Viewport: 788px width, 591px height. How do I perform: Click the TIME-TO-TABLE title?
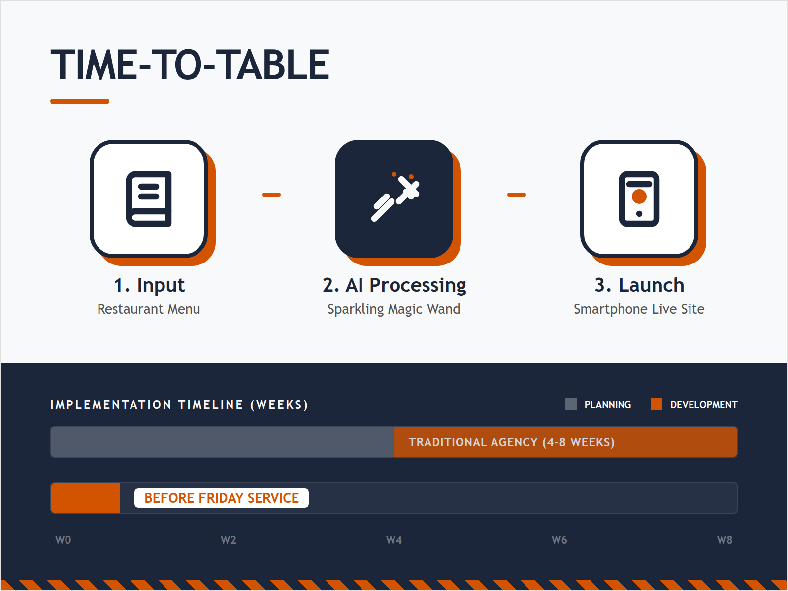pyautogui.click(x=190, y=65)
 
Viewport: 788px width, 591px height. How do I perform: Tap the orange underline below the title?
pyautogui.click(x=80, y=101)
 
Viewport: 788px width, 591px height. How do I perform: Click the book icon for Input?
pyautogui.click(x=149, y=199)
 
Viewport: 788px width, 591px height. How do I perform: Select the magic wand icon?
pyautogui.click(x=395, y=198)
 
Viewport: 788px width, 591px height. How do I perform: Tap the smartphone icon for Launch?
pyautogui.click(x=639, y=199)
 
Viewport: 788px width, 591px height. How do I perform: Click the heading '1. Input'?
pyautogui.click(x=149, y=285)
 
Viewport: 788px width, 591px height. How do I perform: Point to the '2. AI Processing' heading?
pyautogui.click(x=394, y=285)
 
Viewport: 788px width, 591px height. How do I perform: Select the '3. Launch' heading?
pyautogui.click(x=639, y=285)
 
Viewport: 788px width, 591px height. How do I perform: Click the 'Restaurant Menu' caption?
pyautogui.click(x=149, y=309)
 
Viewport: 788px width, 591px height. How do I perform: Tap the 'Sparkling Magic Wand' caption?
pyautogui.click(x=394, y=309)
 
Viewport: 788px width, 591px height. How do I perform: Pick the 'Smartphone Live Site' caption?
pyautogui.click(x=639, y=309)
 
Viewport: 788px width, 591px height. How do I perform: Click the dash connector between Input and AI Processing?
pyautogui.click(x=271, y=195)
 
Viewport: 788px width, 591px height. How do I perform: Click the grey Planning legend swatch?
pyautogui.click(x=571, y=404)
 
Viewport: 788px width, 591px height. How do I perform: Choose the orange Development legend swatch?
pyautogui.click(x=657, y=404)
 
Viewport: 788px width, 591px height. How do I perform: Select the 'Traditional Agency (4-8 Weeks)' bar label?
pyautogui.click(x=511, y=442)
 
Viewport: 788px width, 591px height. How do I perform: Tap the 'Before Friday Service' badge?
pyautogui.click(x=222, y=498)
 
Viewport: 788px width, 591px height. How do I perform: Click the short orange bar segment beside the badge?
pyautogui.click(x=86, y=498)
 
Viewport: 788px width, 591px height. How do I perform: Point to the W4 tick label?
pyautogui.click(x=394, y=540)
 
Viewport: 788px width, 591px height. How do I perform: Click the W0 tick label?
pyautogui.click(x=63, y=540)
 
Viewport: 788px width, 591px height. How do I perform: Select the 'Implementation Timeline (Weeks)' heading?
pyautogui.click(x=179, y=405)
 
